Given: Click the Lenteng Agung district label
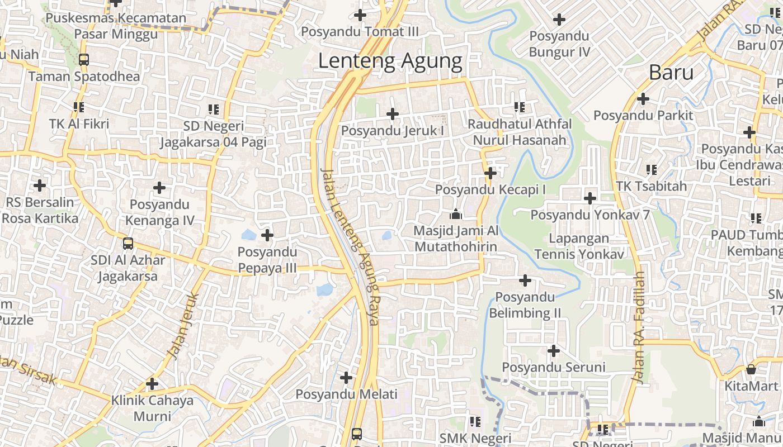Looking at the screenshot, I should click(390, 61).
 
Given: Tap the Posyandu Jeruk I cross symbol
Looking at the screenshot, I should click(393, 114).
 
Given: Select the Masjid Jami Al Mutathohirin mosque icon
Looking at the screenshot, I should click(455, 215).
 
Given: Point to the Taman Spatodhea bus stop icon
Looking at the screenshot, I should click(83, 59).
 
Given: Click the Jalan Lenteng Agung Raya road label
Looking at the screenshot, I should click(350, 246).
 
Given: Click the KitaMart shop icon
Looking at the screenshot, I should click(751, 369).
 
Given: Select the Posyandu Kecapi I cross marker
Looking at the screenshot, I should click(490, 173).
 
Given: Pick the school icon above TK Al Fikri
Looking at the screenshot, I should click(78, 107).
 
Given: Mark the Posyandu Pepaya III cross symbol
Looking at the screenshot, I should click(267, 235).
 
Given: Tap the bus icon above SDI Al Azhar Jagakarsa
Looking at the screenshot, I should click(128, 243).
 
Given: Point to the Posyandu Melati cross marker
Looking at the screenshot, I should click(346, 378).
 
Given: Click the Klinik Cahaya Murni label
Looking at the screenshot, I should click(152, 408).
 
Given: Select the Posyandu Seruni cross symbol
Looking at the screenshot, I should click(553, 351).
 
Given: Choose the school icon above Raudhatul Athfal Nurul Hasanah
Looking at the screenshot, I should click(519, 107).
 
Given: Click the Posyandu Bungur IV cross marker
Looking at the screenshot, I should click(559, 20).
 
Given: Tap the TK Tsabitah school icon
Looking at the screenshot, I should click(651, 169).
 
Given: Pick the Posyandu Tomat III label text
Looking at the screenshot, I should click(360, 32).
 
